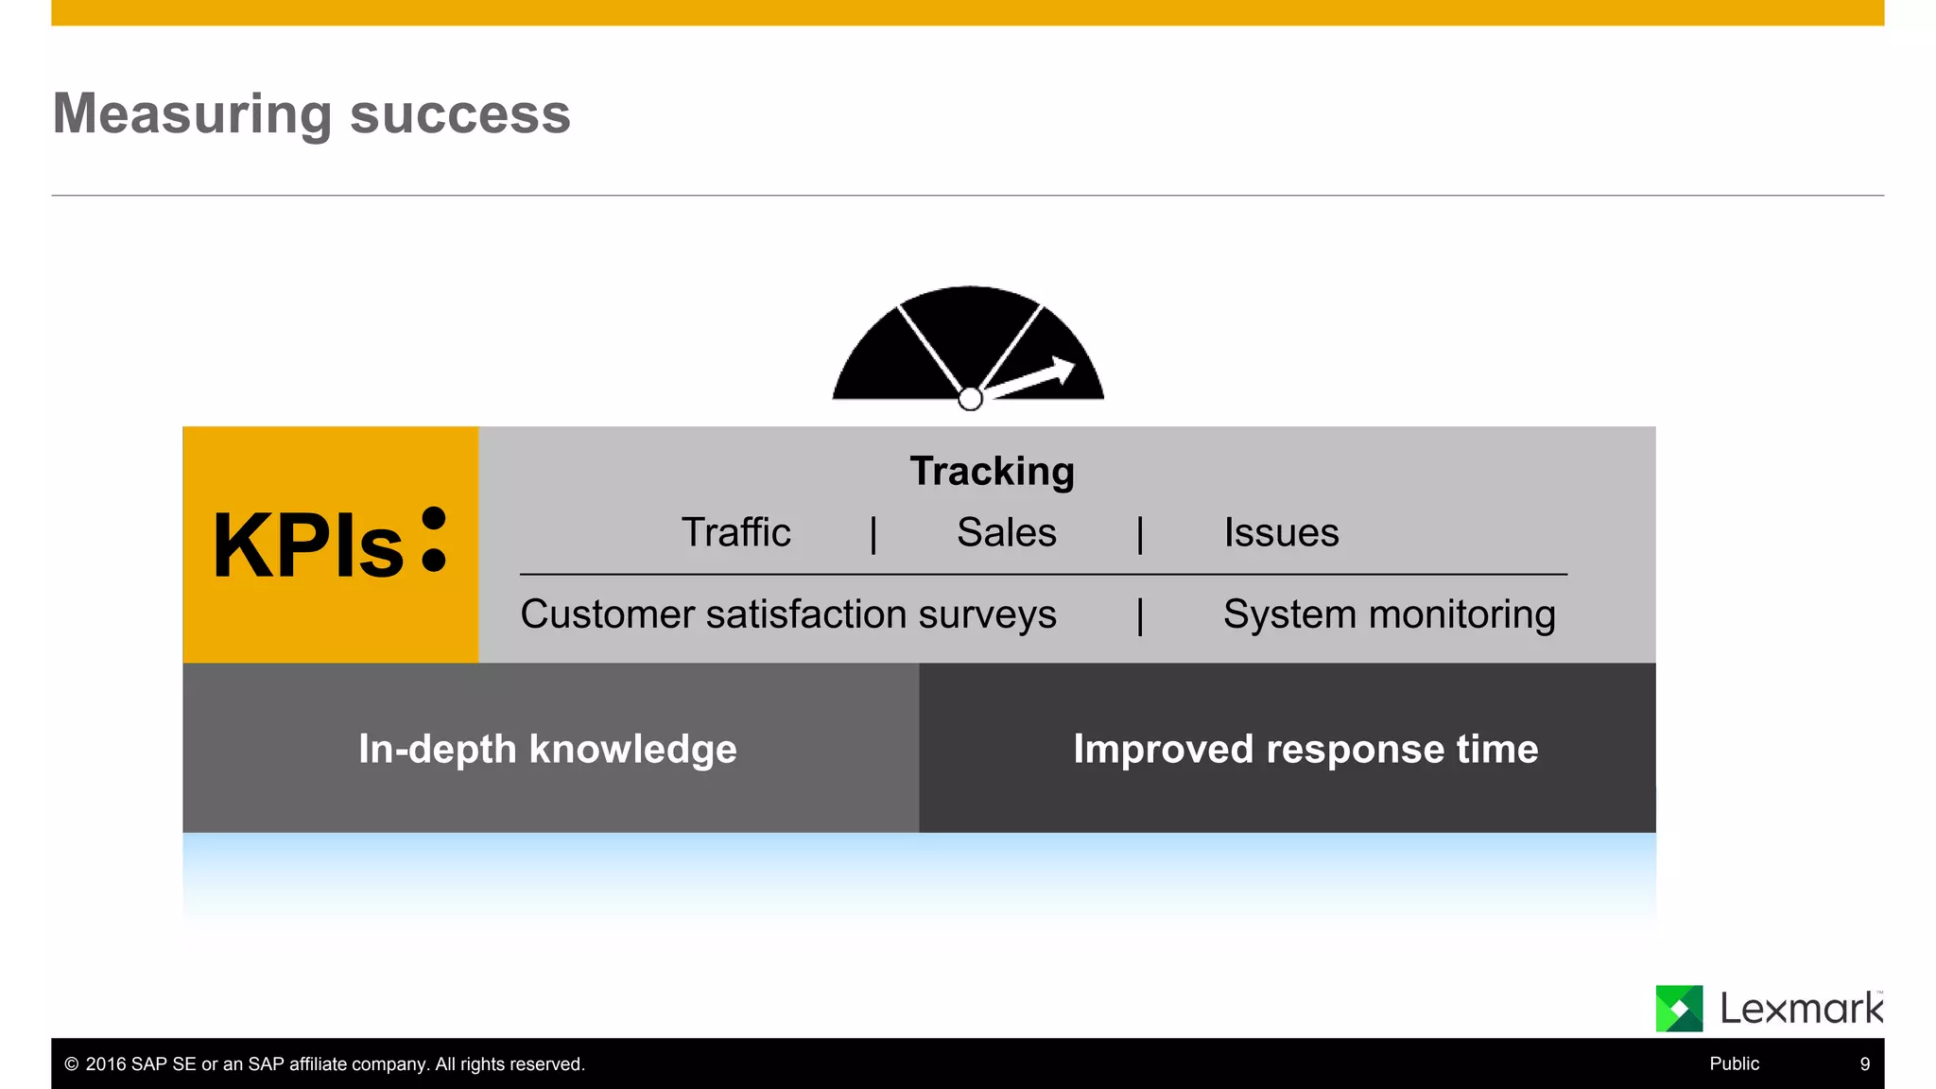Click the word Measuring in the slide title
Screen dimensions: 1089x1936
point(192,114)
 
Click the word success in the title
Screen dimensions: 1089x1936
point(460,114)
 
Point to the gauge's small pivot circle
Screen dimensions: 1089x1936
point(970,399)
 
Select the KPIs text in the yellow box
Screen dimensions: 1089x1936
point(308,546)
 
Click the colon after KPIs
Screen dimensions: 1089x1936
point(434,540)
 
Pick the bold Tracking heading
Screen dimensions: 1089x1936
point(992,471)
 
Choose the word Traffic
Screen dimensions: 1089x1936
point(735,532)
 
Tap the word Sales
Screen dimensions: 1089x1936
point(1006,532)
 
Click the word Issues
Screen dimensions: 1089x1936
point(1281,532)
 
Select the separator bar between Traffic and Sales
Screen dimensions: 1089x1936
point(873,534)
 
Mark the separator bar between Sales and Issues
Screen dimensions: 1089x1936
point(1140,534)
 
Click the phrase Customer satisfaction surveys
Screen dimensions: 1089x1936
point(788,614)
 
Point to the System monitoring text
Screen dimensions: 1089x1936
point(1389,614)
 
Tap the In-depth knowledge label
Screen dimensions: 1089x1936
point(547,749)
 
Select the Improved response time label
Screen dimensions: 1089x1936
point(1305,749)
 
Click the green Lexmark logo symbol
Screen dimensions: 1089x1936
point(1679,1009)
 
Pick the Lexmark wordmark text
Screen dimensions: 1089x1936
point(1801,1009)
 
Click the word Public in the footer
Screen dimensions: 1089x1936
point(1734,1063)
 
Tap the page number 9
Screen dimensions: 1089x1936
point(1864,1063)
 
